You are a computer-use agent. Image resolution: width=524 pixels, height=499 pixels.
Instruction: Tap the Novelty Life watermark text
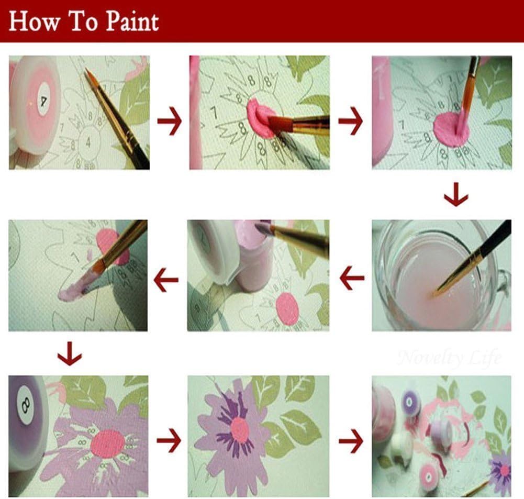(449, 358)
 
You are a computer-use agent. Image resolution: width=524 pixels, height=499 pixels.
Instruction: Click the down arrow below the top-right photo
(455, 197)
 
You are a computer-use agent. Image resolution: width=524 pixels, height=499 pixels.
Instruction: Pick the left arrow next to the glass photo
(352, 278)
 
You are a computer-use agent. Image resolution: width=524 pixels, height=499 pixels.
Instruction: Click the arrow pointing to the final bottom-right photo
(351, 441)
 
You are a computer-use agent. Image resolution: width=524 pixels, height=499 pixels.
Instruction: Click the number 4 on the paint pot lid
(44, 97)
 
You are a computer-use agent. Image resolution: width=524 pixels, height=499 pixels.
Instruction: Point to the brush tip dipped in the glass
(436, 294)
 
